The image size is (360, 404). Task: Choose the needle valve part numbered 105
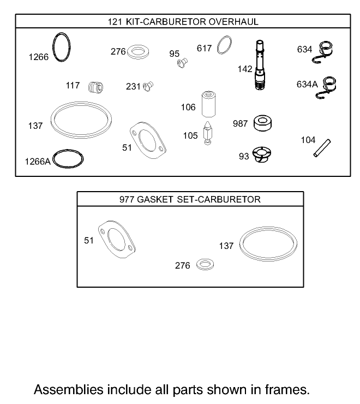coord(207,134)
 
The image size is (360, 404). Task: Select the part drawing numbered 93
coord(262,155)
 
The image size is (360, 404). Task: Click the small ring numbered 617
coord(224,46)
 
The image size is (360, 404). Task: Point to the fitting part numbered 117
coord(96,87)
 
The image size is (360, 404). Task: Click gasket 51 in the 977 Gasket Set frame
coord(116,239)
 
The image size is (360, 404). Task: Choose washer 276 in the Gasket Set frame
coord(205,265)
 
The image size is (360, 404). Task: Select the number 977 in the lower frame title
coord(127,199)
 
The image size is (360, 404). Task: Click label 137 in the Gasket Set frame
coord(226,246)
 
